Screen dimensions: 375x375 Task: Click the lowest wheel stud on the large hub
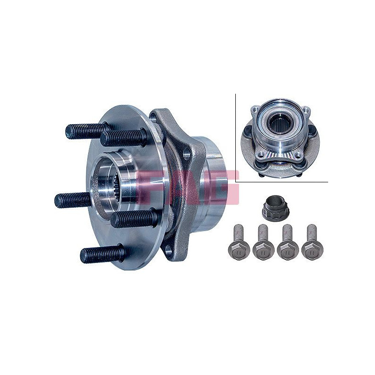103,255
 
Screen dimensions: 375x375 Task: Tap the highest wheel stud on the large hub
87,131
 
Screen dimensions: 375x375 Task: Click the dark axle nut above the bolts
275,210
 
